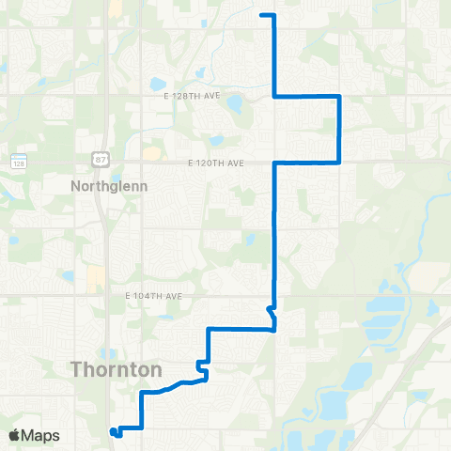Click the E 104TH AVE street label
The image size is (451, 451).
click(154, 295)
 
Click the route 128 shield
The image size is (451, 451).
click(18, 163)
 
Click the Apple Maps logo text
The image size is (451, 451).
click(41, 435)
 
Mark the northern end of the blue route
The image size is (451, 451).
click(261, 15)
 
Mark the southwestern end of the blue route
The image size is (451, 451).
click(114, 431)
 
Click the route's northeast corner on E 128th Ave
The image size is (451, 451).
click(338, 96)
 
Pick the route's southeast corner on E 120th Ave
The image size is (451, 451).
click(338, 162)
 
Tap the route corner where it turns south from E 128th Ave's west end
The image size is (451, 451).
click(273, 96)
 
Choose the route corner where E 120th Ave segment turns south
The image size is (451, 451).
click(273, 163)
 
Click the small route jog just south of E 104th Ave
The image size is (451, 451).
click(271, 310)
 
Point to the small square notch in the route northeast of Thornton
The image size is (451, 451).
click(200, 365)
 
